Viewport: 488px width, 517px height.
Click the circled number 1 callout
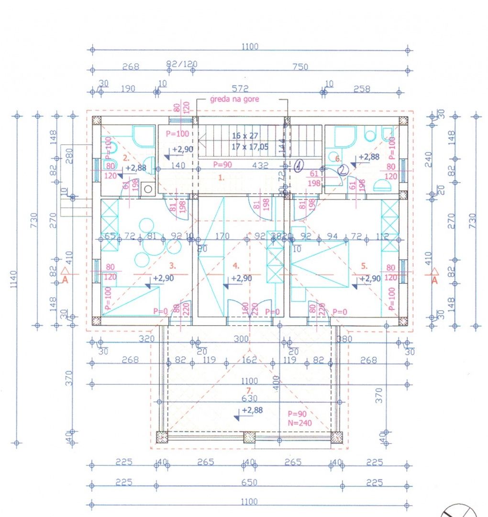tap(299, 166)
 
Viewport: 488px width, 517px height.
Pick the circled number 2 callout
tap(343, 169)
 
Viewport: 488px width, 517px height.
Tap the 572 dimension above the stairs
tap(240, 89)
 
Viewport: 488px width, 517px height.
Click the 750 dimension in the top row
tap(300, 67)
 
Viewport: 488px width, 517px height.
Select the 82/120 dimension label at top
tap(181, 64)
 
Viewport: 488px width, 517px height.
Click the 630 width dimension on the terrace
tap(250, 398)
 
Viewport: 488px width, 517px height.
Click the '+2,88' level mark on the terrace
tap(251, 411)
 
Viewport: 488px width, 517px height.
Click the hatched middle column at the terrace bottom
tap(249, 437)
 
